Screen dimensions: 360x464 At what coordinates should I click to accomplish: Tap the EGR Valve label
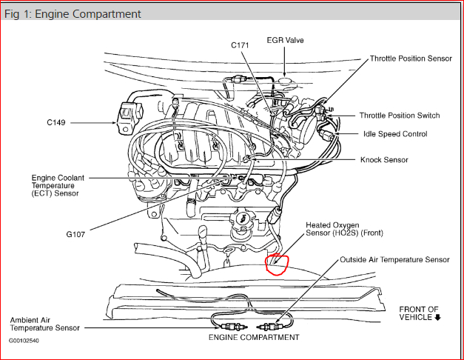pos(285,40)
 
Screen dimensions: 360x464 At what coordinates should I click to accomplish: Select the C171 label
pos(240,45)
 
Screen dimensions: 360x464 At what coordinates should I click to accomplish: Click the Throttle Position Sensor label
pos(411,59)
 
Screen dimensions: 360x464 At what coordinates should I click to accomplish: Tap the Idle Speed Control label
pos(394,134)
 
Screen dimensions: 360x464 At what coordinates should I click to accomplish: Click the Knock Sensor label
pos(384,159)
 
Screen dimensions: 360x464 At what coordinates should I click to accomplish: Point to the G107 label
pos(74,235)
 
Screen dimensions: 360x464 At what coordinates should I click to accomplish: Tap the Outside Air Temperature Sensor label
pos(394,260)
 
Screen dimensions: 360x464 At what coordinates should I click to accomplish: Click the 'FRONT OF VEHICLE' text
pos(419,313)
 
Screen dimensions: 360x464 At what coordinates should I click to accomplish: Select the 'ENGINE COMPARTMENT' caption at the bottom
pos(254,338)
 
